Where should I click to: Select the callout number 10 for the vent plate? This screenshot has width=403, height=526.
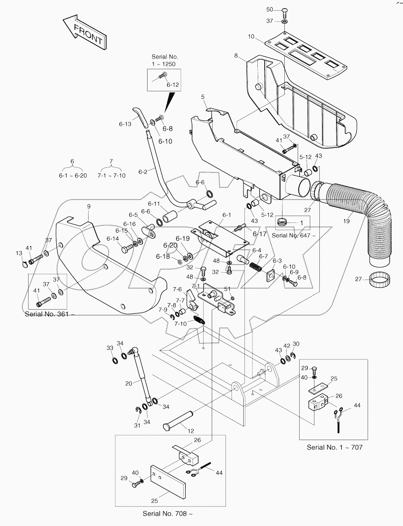point(251,37)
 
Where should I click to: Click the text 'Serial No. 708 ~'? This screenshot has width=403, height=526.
point(167,513)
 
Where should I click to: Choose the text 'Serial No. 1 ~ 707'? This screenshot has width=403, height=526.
point(335,447)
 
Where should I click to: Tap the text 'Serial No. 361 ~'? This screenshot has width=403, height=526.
point(49,314)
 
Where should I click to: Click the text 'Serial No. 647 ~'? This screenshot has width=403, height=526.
point(293,235)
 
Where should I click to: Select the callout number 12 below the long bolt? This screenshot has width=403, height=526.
point(190,431)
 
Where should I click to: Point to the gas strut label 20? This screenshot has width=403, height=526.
point(129,383)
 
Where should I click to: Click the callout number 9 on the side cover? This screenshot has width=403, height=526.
point(89,207)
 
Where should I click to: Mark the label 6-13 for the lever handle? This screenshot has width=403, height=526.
point(125,124)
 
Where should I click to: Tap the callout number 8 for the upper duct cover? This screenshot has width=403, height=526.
point(236,56)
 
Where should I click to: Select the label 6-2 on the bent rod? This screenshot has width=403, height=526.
point(143,172)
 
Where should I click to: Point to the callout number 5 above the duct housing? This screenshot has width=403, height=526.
point(203,97)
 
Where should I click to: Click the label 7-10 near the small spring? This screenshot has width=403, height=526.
point(181,324)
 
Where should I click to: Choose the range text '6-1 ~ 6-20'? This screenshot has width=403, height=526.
point(73,175)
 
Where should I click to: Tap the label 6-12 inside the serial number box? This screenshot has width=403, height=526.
point(173,84)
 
